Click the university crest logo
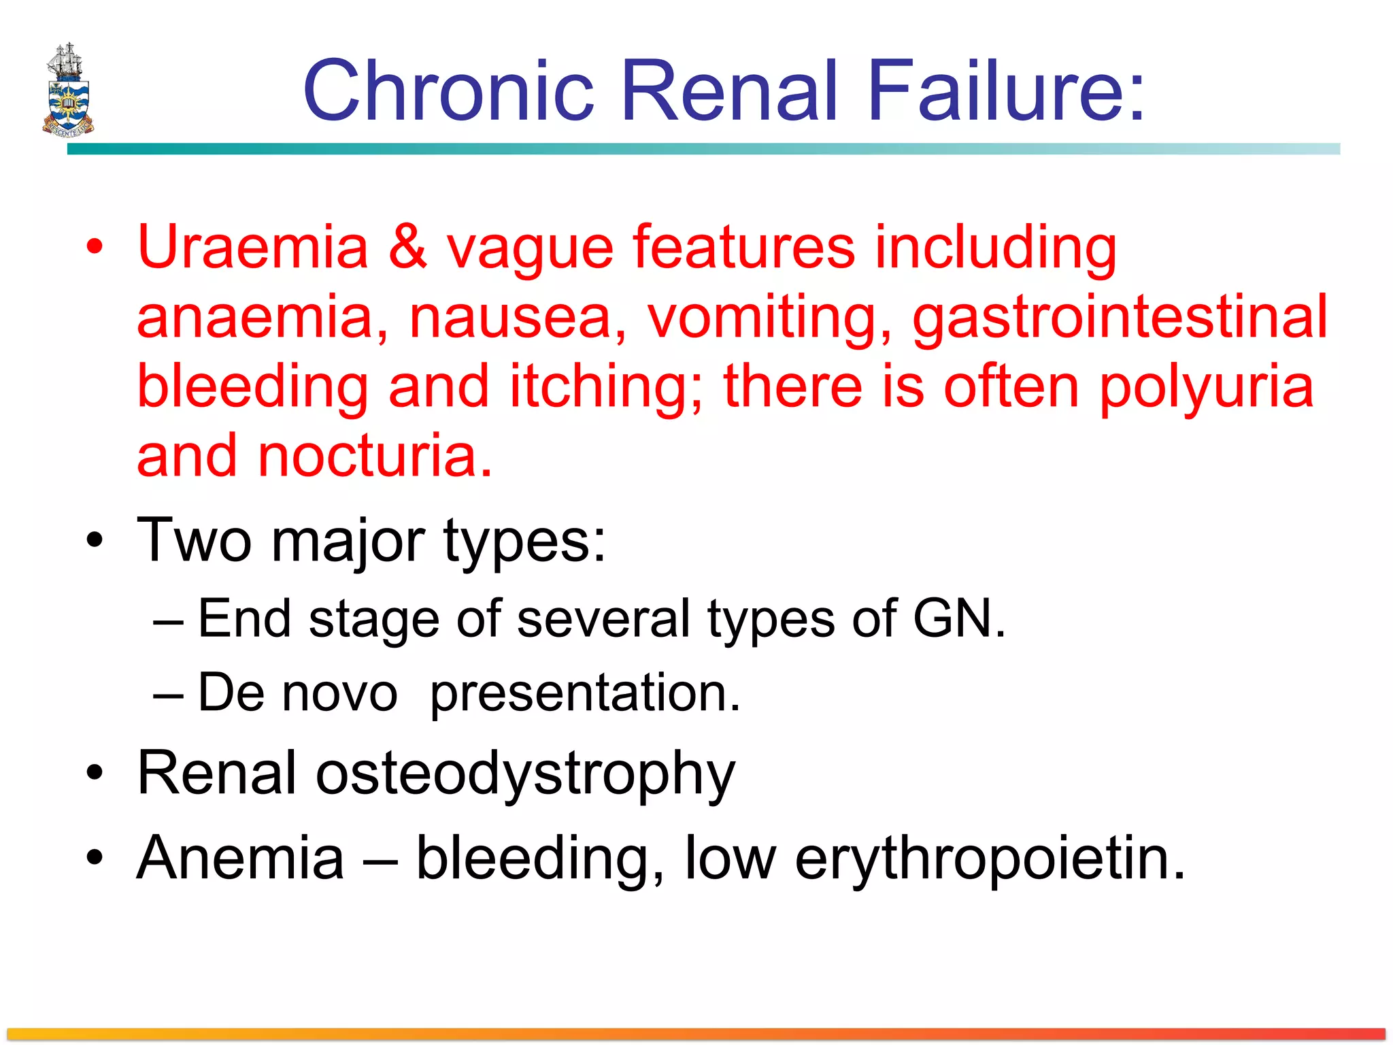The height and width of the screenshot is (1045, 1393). point(68,90)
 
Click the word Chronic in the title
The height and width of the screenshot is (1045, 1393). point(449,91)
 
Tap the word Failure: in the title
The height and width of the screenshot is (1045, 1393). point(1007,91)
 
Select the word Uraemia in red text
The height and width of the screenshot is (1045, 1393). point(252,248)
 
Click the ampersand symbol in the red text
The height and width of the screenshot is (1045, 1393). point(407,248)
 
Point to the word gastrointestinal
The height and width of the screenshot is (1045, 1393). point(1119,318)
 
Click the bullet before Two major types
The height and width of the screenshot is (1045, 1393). point(95,541)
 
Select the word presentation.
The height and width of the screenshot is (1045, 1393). point(584,694)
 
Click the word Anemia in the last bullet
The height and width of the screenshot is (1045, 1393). point(240,859)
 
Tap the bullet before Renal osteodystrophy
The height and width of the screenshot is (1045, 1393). point(95,774)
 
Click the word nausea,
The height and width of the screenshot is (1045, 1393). point(517,318)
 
